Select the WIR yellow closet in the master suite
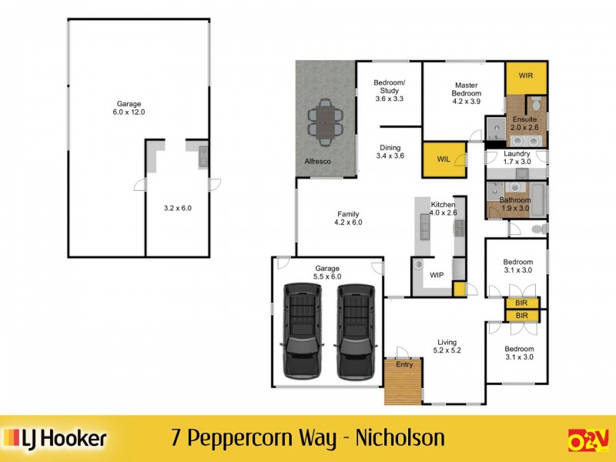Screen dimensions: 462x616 coord(527,76)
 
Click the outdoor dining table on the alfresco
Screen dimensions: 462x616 coord(326,122)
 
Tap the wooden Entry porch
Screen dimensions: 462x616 coord(403,380)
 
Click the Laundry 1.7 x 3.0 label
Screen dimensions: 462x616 coord(517,157)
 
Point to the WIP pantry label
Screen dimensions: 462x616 coord(437,275)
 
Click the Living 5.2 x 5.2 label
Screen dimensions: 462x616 coord(447,346)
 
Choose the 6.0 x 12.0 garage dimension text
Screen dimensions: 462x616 coord(129,112)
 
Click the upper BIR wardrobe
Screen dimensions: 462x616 coord(521,303)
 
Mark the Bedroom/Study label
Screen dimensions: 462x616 coord(388,90)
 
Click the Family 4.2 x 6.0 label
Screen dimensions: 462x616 coord(348,218)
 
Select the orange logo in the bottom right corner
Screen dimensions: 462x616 coord(588,440)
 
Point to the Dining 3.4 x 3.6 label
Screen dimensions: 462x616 coord(390,152)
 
